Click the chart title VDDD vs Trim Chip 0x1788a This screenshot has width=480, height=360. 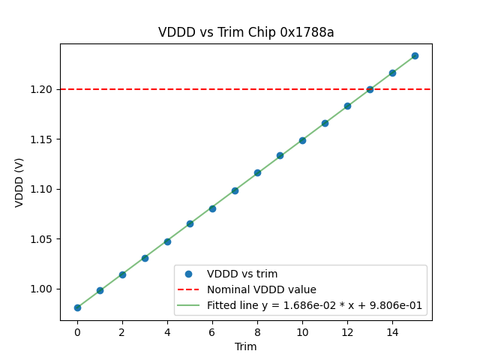pos(246,32)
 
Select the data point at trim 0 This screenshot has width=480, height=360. pos(77,307)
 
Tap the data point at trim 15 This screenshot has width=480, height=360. pos(415,55)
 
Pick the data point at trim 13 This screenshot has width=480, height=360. pos(370,89)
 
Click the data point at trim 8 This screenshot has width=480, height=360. pos(257,172)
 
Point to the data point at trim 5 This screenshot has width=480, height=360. pos(190,223)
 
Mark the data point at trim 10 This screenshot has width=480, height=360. pos(302,140)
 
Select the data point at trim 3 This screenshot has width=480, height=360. pos(145,258)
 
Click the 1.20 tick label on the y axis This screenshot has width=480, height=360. pos(42,89)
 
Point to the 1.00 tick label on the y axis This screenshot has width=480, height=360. pos(42,289)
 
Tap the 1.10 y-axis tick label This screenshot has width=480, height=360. pos(42,189)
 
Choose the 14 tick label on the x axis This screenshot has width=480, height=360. pos(392,331)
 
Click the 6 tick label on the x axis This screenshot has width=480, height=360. pos(212,331)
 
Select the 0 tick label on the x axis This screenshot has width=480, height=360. pos(77,331)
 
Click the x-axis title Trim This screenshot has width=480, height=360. pos(246,346)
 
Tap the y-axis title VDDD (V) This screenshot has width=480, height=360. pos(19,182)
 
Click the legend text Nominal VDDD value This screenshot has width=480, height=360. pos(262,289)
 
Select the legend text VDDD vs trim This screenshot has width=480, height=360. pos(242,274)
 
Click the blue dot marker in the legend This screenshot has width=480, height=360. pos(188,274)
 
